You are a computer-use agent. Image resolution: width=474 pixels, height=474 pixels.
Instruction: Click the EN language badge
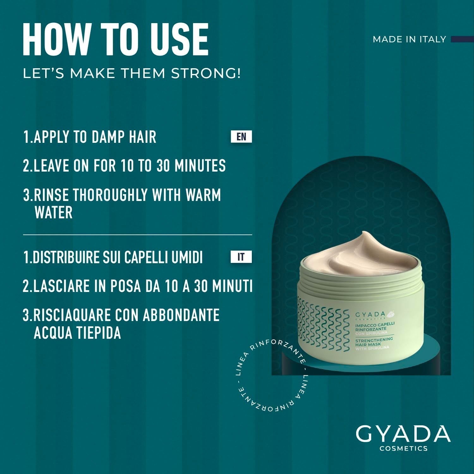point(241,137)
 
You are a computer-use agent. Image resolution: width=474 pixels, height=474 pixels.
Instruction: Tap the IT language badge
point(241,257)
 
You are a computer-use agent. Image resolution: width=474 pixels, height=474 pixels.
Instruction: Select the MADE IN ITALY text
point(409,39)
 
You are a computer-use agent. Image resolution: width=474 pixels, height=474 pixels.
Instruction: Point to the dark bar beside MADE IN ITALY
point(462,39)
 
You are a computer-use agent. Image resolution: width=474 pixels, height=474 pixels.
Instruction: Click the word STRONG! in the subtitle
point(206,73)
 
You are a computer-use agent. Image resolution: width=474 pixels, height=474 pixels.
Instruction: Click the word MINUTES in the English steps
point(200,166)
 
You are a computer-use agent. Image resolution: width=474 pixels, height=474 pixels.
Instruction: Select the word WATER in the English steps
point(53,212)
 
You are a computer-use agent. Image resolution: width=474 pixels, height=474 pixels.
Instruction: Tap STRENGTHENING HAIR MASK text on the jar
point(374,342)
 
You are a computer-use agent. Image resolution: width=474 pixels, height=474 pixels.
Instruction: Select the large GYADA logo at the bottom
point(403,434)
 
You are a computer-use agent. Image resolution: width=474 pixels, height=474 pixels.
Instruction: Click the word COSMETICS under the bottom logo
point(403,448)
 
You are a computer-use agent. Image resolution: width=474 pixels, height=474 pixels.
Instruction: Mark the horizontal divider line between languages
point(137,235)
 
